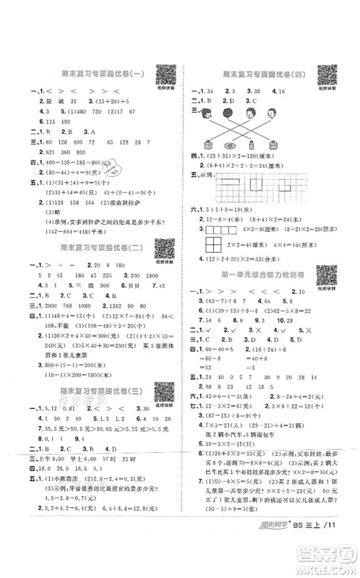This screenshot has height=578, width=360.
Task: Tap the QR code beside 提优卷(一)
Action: tap(165, 74)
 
